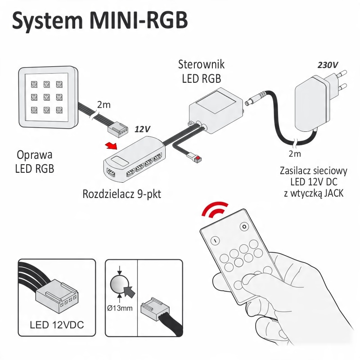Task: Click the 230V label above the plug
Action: pos(328,65)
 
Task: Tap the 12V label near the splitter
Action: pos(142,129)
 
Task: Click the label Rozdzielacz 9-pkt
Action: pos(121,194)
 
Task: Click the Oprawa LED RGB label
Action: pos(34,162)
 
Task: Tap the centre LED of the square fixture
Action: pos(46,96)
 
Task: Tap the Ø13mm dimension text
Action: pos(120,309)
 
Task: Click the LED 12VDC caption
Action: pos(57,324)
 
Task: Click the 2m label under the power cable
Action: pos(295,154)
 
